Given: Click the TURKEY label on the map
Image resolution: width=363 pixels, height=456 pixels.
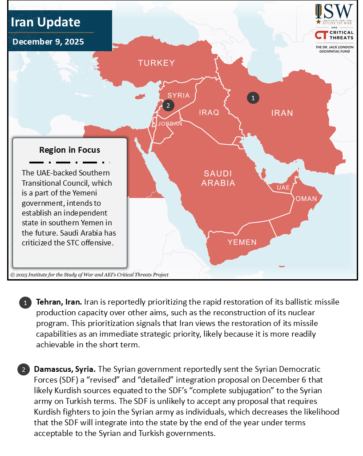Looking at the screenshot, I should pos(156,63).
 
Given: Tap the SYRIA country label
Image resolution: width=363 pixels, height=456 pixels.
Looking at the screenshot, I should pos(178,95).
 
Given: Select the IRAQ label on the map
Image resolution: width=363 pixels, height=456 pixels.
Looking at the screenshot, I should pos(209,112).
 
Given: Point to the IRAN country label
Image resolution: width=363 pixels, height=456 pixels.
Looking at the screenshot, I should pos(282,113).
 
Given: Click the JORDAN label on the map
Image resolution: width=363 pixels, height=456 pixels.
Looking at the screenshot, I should pos(170,124).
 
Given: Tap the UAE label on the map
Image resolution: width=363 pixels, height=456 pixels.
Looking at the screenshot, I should pos(283,188).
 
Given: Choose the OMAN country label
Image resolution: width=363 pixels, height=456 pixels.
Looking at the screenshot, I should pos(306,199).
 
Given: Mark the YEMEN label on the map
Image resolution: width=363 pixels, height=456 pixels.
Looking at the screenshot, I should pos(242,242).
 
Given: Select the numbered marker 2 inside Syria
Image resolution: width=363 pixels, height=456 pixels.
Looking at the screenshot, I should pos(167,106).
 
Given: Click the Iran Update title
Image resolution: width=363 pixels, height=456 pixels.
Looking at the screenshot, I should pos(45,22).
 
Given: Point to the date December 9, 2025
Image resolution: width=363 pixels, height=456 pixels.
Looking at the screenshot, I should pos(48,42).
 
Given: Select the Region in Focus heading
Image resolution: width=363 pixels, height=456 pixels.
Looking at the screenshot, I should pos(69,150).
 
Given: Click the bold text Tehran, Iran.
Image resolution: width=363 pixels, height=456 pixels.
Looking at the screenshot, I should pos(59,302).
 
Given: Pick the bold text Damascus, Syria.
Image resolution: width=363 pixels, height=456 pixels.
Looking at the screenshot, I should pos(65,370).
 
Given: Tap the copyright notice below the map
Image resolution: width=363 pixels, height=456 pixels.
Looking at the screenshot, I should pos(89,275).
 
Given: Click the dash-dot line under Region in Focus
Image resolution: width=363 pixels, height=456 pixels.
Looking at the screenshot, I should pos(69,162).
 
